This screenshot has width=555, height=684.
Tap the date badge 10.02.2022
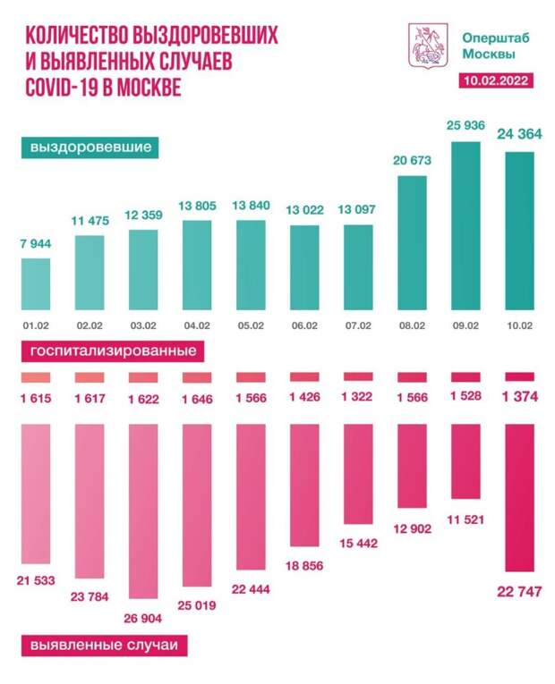tap(495, 81)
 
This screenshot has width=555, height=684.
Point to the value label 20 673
tap(413, 161)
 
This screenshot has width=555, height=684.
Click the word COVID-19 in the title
tap(64, 89)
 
